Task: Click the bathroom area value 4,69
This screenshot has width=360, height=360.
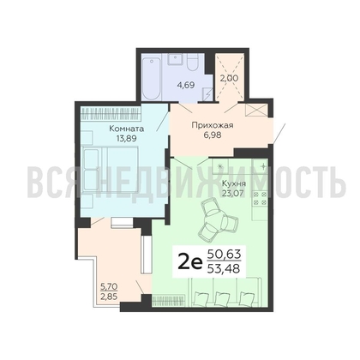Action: tap(186, 85)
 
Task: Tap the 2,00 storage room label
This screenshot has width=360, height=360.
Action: tap(229, 78)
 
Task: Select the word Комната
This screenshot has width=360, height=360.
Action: tap(127, 129)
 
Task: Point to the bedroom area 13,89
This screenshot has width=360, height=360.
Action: tap(126, 139)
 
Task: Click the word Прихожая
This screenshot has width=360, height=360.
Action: tap(213, 125)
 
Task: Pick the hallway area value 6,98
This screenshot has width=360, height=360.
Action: tap(213, 135)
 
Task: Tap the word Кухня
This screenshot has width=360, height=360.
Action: tap(234, 183)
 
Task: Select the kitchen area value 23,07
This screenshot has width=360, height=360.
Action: tap(233, 193)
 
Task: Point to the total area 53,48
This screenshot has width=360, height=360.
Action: tap(224, 268)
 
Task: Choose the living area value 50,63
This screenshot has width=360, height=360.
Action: tap(224, 254)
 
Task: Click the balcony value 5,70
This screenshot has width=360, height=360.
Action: tap(109, 286)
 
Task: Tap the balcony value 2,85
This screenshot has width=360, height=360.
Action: tap(109, 297)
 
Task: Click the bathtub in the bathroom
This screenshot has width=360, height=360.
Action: tap(151, 78)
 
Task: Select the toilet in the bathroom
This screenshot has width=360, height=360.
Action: tap(193, 63)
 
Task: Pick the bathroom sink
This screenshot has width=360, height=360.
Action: tap(174, 60)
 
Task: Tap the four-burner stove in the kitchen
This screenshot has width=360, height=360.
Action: tap(261, 198)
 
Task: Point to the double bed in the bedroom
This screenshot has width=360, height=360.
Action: tap(110, 170)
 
